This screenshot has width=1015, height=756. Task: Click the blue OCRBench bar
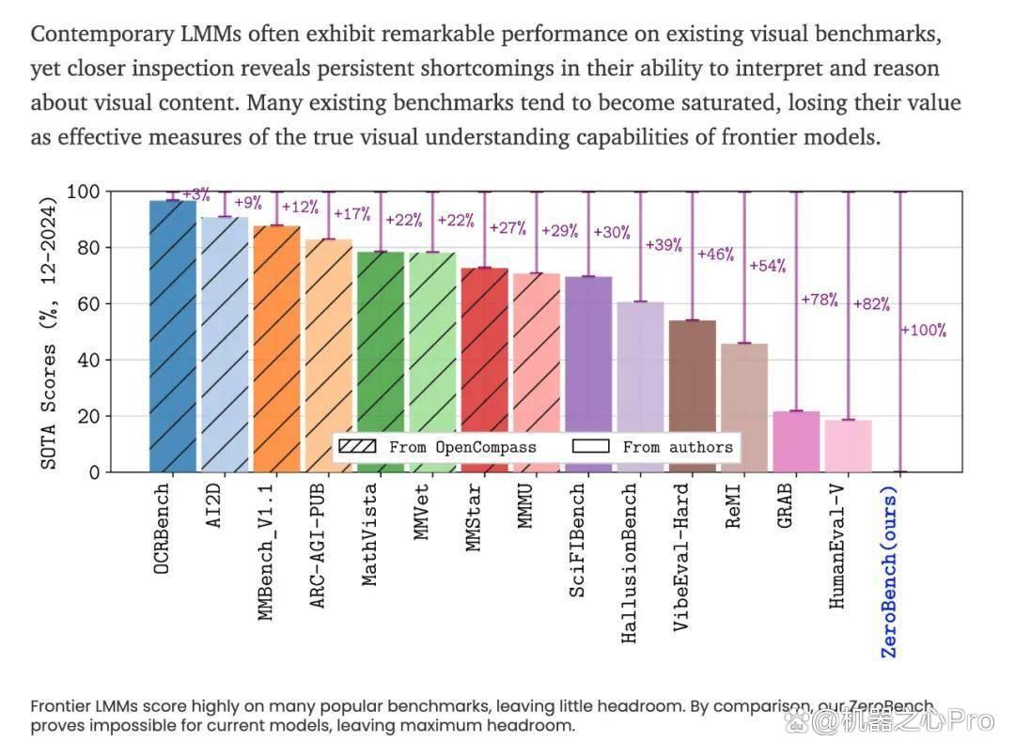[173, 336]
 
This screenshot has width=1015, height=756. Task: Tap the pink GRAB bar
[796, 441]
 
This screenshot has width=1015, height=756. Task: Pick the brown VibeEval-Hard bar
[692, 395]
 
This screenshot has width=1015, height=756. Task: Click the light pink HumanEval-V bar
[848, 446]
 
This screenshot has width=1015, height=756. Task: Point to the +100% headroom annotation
[924, 331]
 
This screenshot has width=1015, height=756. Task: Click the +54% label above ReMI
[768, 266]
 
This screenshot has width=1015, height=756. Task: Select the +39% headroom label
[664, 245]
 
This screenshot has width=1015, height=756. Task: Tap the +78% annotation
[820, 300]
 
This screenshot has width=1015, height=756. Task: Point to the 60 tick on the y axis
[88, 304]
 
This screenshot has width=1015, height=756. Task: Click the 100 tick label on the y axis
[84, 192]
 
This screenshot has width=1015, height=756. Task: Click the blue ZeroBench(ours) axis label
[889, 572]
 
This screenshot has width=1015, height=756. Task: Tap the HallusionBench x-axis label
[629, 563]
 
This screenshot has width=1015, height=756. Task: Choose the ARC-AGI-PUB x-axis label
[318, 547]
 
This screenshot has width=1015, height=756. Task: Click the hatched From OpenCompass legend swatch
[357, 447]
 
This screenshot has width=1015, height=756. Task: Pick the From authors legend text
[678, 447]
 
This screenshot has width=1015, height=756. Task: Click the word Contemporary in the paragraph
[102, 34]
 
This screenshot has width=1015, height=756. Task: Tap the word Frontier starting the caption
[57, 706]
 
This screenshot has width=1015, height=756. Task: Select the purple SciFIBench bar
[588, 375]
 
